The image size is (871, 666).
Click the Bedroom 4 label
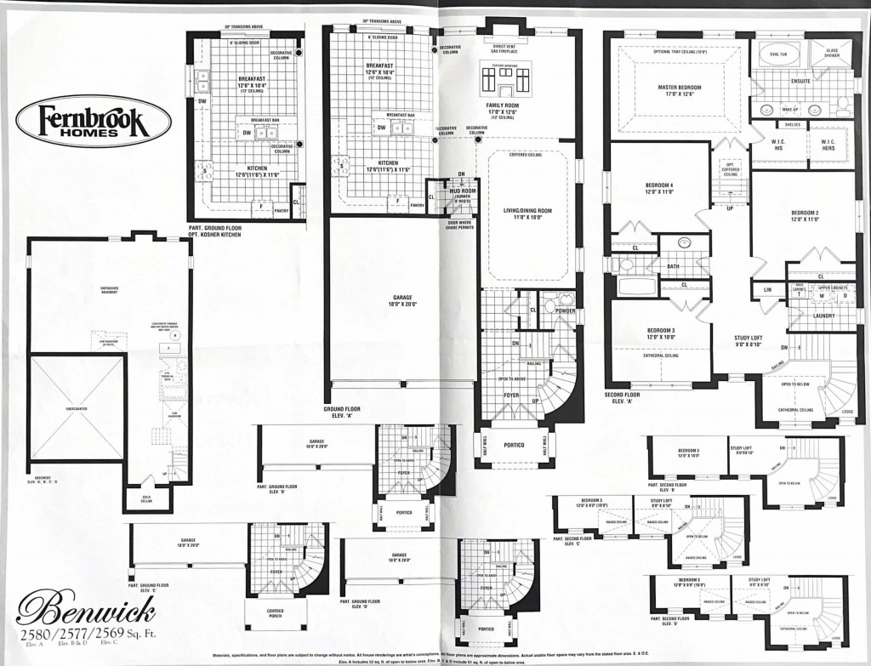[x=659, y=188]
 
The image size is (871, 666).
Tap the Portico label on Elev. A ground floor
[x=514, y=444]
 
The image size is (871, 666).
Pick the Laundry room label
[x=823, y=316]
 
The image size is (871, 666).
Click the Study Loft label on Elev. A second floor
[x=751, y=342]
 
